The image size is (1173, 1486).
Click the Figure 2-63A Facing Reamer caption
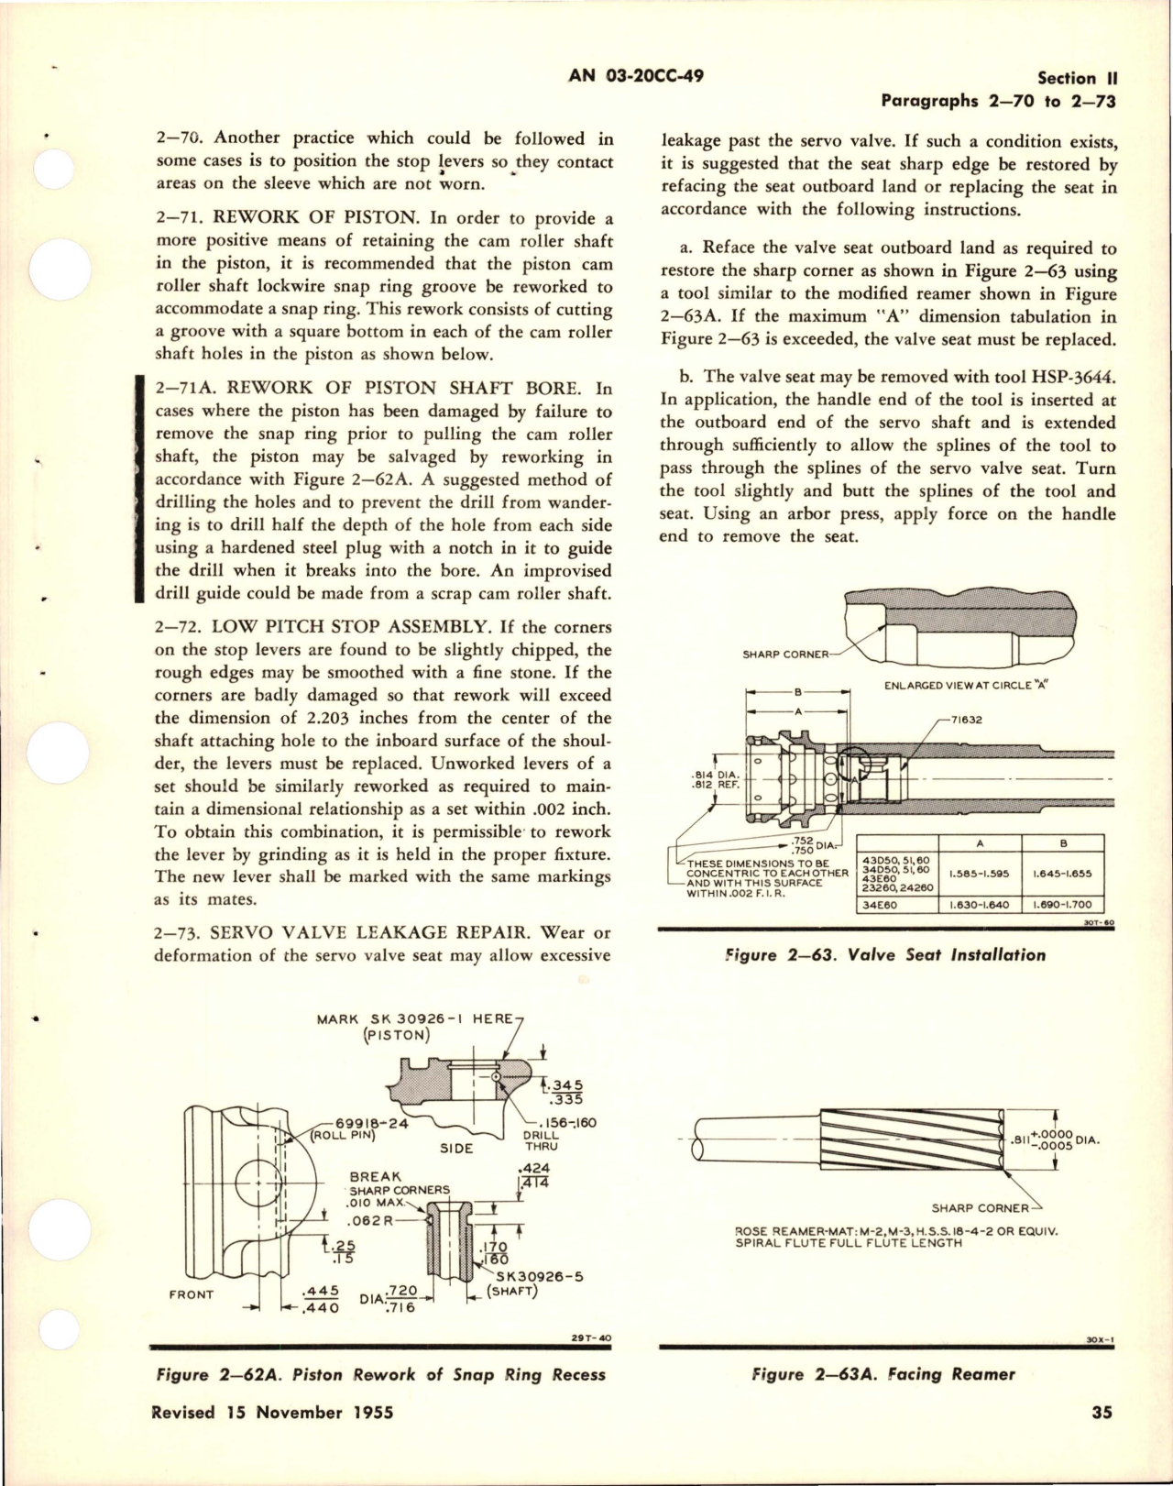point(883,1374)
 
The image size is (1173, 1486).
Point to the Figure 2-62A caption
point(380,1374)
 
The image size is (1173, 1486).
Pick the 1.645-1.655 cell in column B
point(1062,874)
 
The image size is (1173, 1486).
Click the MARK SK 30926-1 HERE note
point(416,1018)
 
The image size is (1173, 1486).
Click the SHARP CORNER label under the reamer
point(980,1207)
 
